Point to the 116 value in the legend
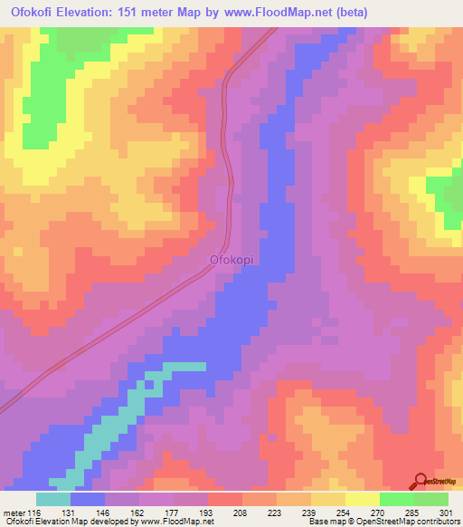[x=34, y=512]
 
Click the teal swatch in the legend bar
[x=53, y=499]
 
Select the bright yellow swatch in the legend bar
[x=363, y=499]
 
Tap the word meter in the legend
[x=13, y=512]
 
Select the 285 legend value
[x=414, y=512]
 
